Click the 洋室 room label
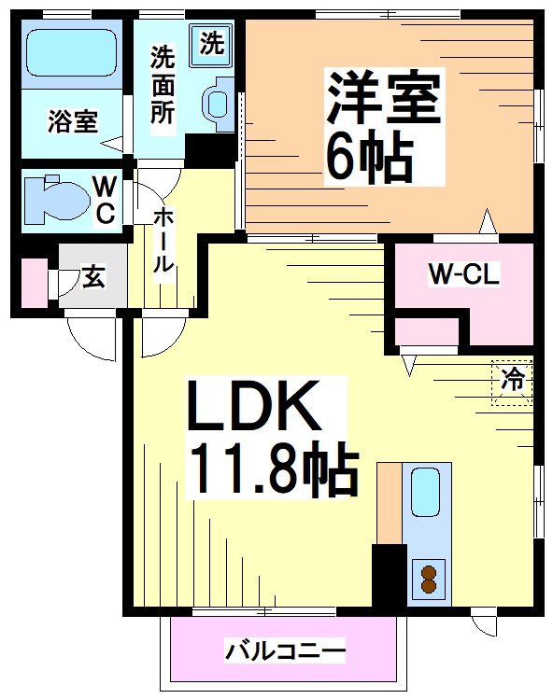pos(384,97)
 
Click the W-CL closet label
pos(464,274)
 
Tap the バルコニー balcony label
pos(285,650)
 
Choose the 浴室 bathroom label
pos(73,121)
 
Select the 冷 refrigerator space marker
pos(512,381)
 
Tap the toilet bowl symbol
pos(53,199)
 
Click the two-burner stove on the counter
pos(429,579)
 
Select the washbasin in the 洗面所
pos(220,102)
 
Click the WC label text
pos(104,199)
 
